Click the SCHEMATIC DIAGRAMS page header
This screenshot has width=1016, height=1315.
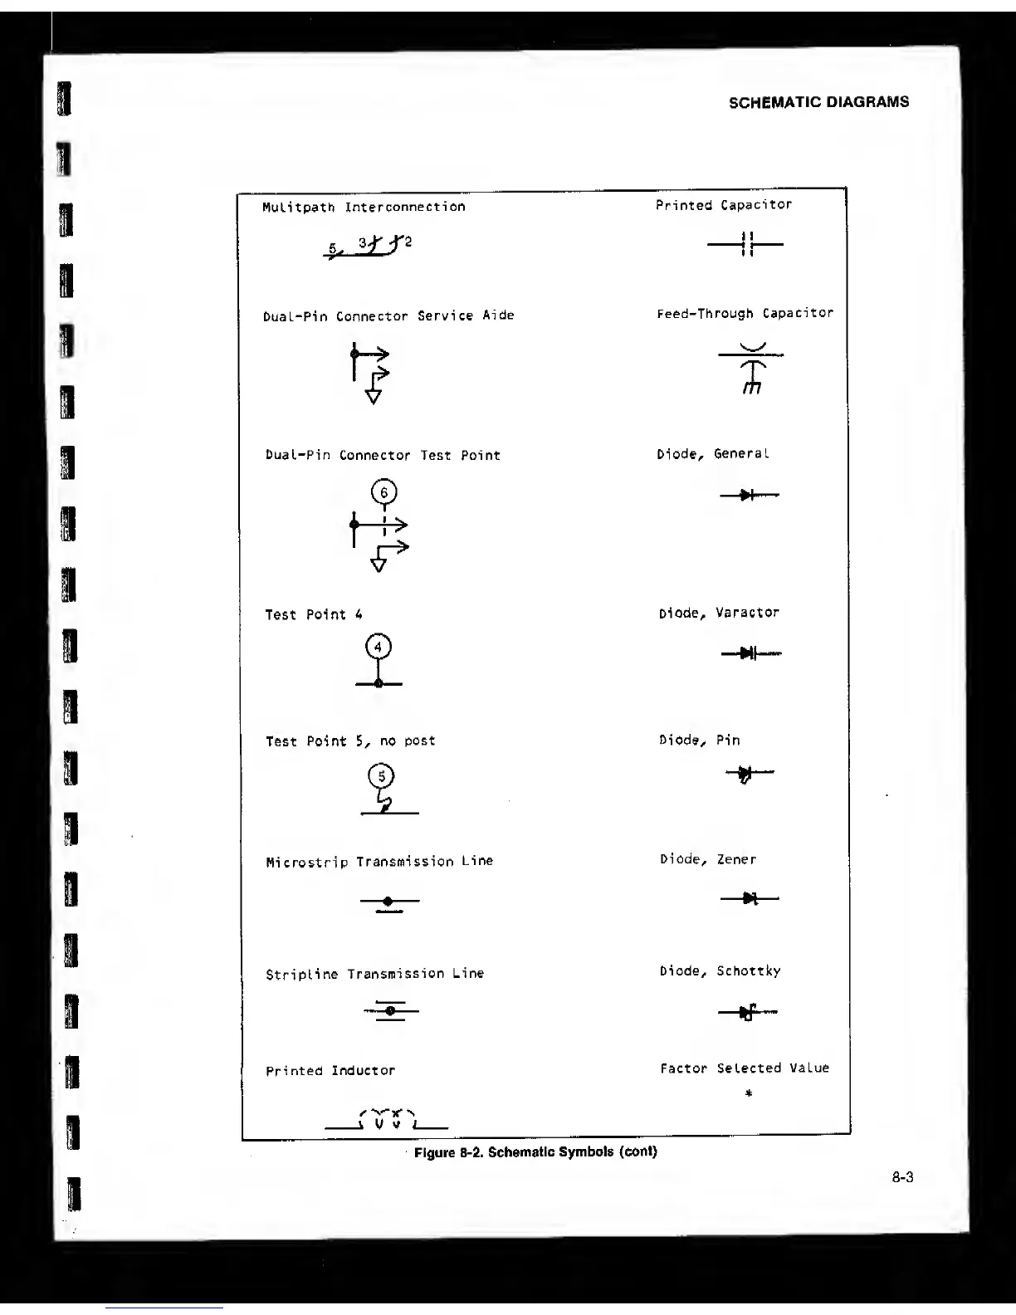(818, 102)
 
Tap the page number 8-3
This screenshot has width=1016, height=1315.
(903, 1176)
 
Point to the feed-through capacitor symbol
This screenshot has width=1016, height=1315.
(751, 368)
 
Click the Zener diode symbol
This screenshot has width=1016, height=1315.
(750, 898)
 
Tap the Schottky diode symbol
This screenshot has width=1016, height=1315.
(748, 1012)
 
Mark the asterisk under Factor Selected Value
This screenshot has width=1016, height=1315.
(748, 1094)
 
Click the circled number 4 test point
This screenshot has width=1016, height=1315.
(378, 647)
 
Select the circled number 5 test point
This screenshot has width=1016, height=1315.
(382, 776)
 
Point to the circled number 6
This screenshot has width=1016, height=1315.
(383, 493)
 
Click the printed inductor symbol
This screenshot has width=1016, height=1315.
(387, 1120)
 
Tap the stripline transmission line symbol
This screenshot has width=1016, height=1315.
(390, 1010)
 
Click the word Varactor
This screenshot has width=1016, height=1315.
(747, 613)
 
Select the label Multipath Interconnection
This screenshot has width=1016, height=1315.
(364, 207)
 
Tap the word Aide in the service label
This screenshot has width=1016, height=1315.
(498, 315)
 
